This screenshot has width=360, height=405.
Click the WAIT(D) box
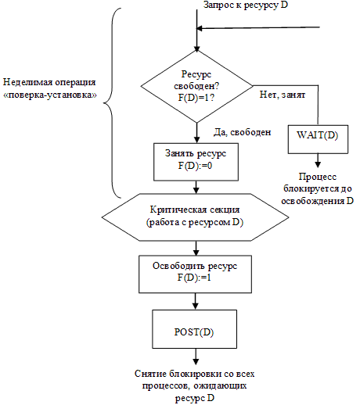(x=317, y=134)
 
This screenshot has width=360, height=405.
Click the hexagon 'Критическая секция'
(x=195, y=217)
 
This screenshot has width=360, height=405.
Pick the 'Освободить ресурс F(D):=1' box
(x=195, y=272)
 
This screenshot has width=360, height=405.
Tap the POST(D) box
(x=195, y=332)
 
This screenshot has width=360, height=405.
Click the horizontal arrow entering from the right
(x=258, y=29)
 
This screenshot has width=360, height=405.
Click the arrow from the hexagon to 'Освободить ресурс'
(x=195, y=248)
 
